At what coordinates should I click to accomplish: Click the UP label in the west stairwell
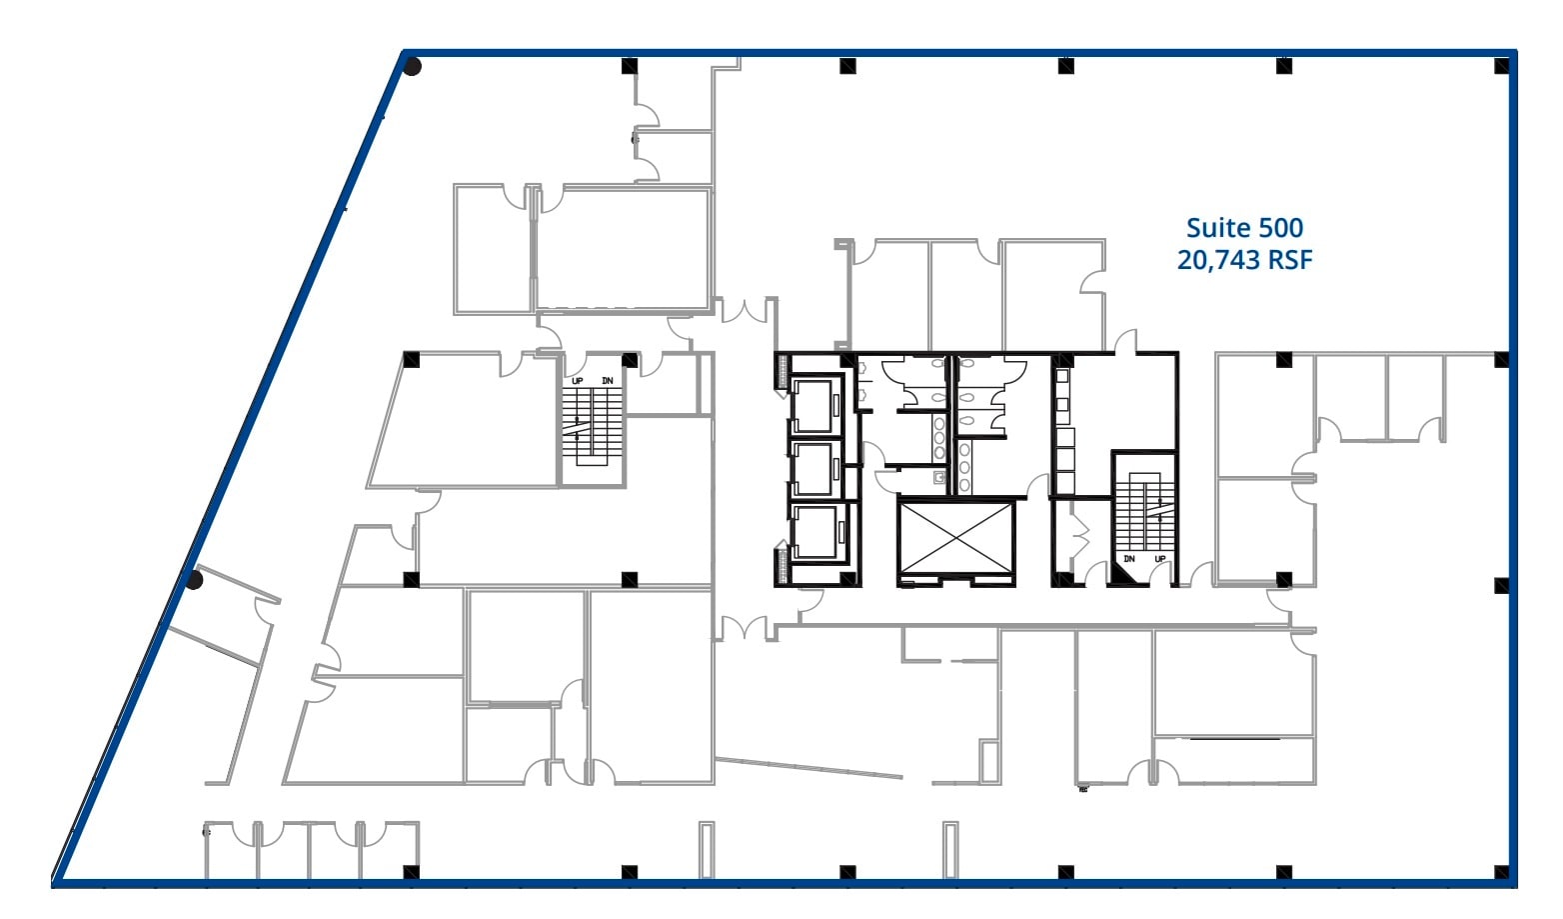577,381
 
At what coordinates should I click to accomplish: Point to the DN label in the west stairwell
607,381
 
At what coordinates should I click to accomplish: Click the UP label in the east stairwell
1160,559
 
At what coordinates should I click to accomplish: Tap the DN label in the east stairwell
1129,559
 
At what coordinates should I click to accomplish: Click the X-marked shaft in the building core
956,538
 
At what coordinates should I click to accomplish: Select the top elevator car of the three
812,405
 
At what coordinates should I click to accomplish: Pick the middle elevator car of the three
812,468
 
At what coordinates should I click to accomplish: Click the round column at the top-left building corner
412,67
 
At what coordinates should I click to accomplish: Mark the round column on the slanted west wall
195,580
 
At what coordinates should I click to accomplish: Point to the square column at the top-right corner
1501,66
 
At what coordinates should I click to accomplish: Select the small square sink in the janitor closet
939,478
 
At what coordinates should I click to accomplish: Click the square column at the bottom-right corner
1501,871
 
